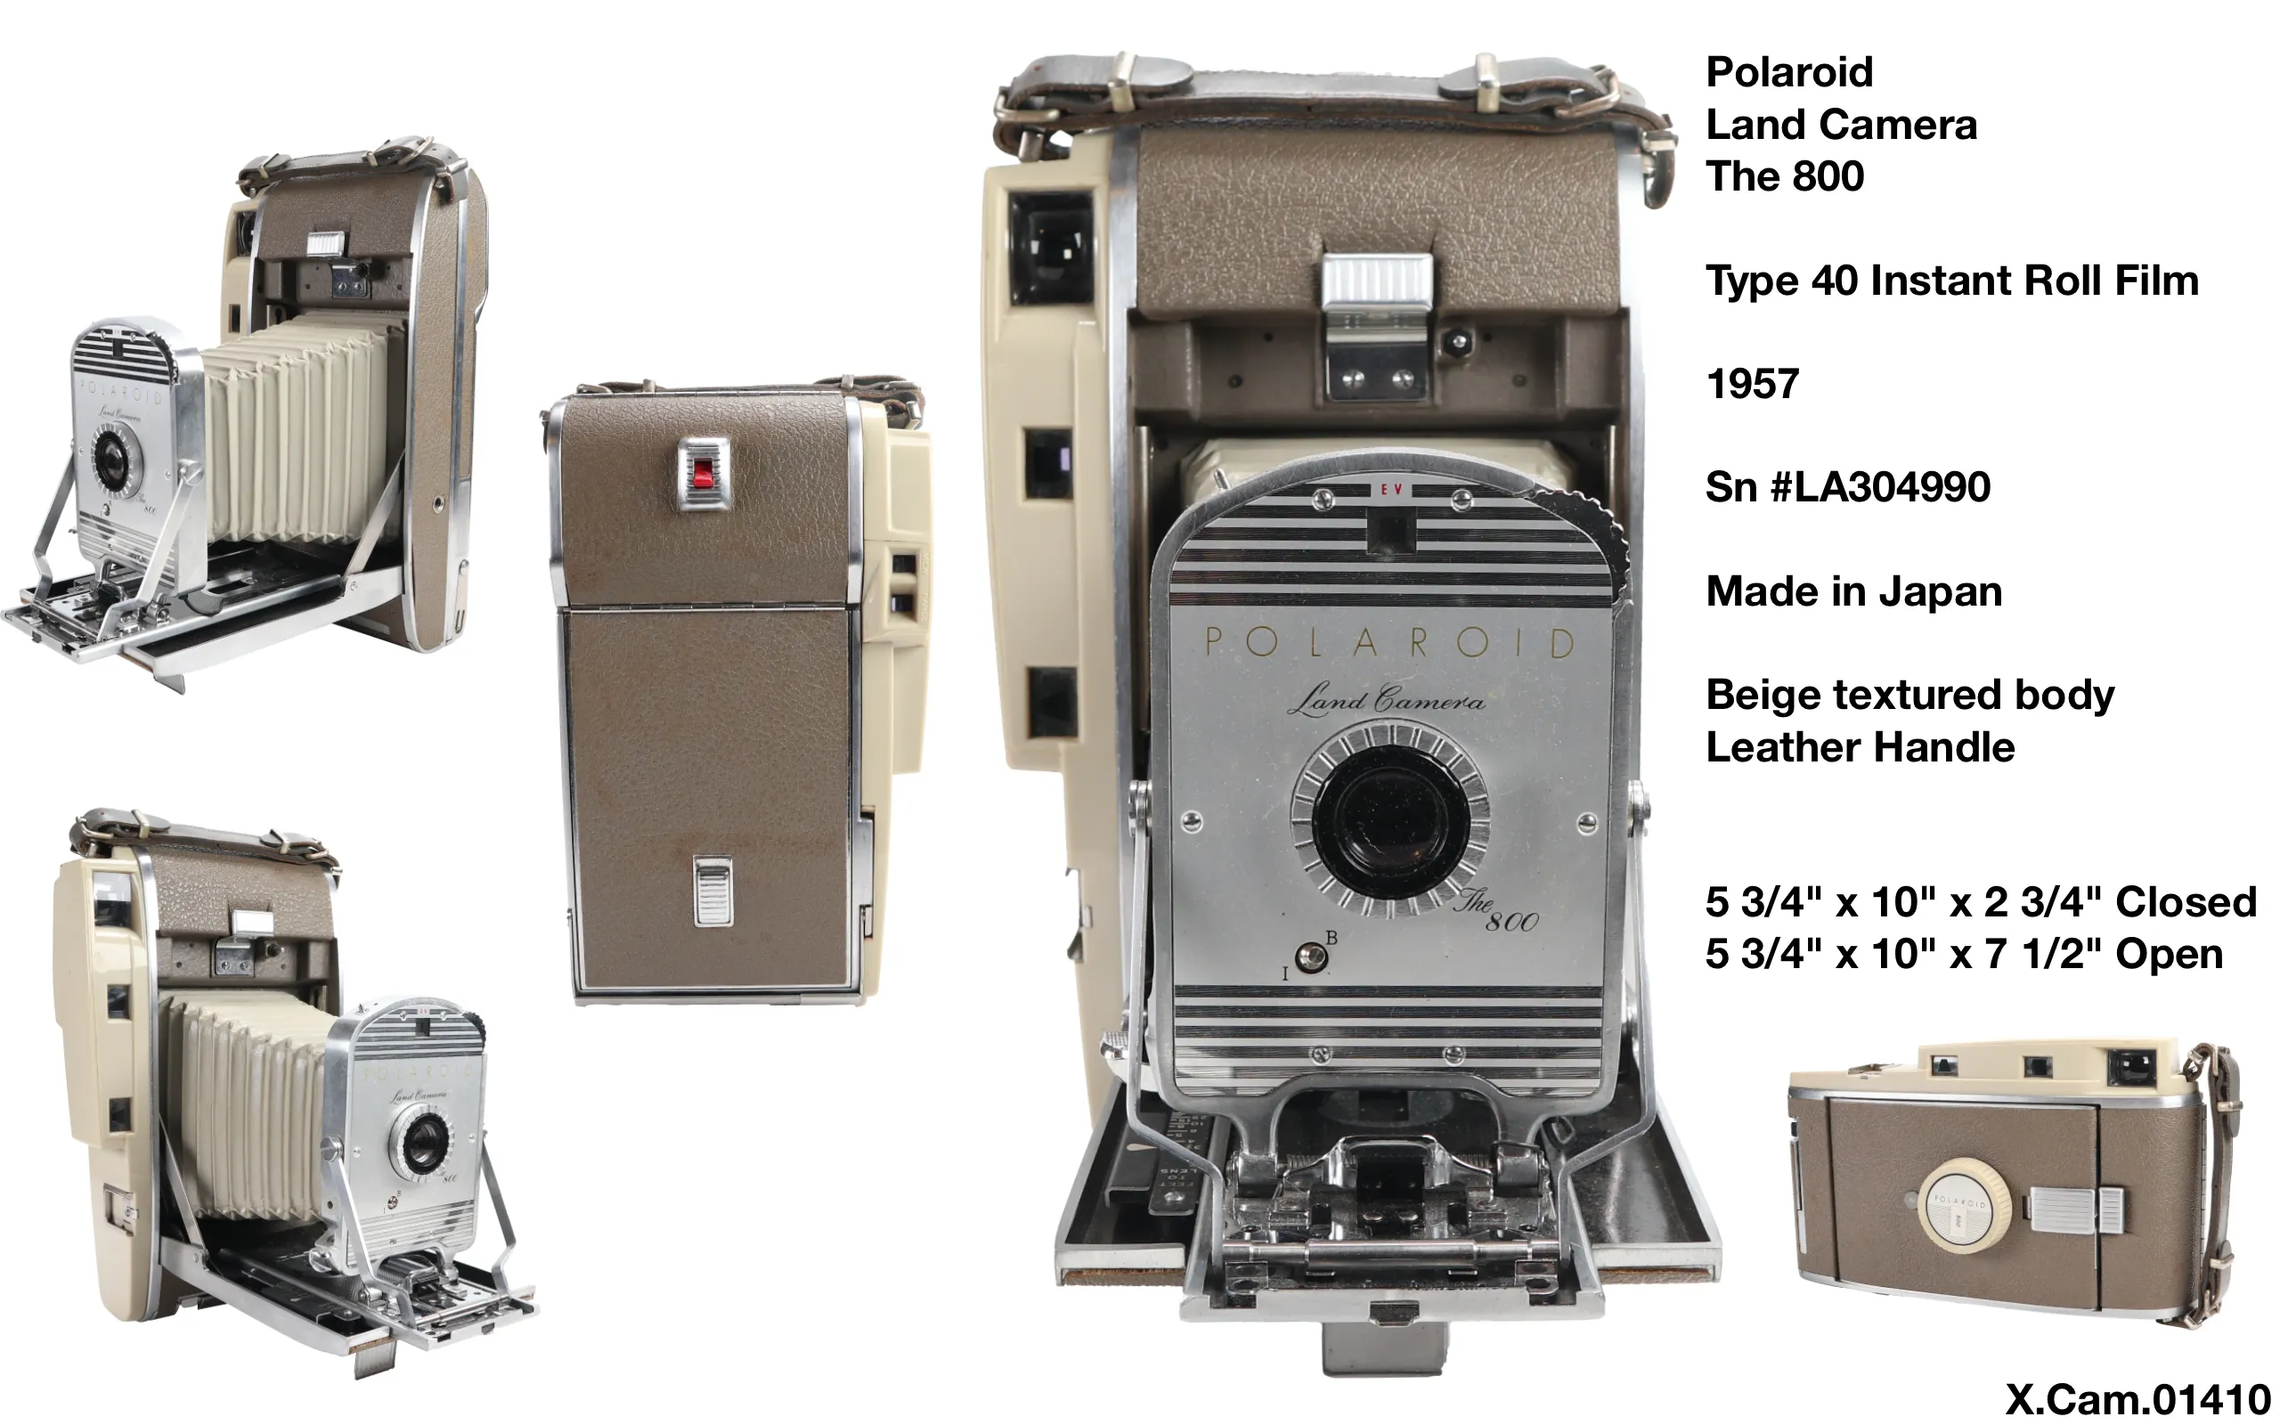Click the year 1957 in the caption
tap(1752, 384)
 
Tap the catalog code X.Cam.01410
tap(2137, 1399)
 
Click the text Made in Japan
tap(1853, 592)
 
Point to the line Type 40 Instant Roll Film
tap(1951, 281)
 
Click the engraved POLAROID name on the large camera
tap(1389, 643)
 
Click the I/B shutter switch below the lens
tap(1308, 957)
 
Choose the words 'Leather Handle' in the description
tap(1859, 747)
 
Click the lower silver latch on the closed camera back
tap(712, 890)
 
